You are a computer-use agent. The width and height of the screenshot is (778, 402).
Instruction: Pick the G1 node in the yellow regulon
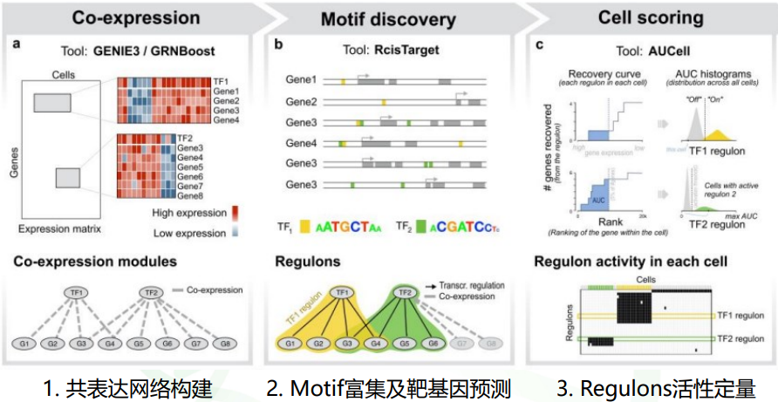(285, 344)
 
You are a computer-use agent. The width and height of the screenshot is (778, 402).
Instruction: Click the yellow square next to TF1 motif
(305, 227)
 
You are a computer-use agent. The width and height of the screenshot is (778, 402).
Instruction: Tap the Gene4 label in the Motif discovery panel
(301, 142)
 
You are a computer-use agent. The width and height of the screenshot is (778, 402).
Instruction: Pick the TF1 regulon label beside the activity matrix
(744, 314)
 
